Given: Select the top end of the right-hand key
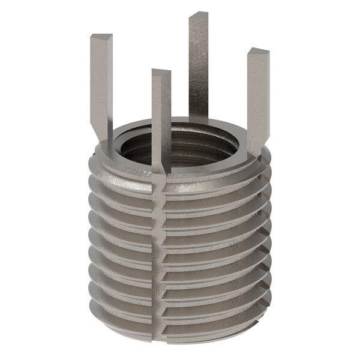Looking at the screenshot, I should click(x=259, y=52).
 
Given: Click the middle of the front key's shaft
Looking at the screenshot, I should click(x=161, y=120).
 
